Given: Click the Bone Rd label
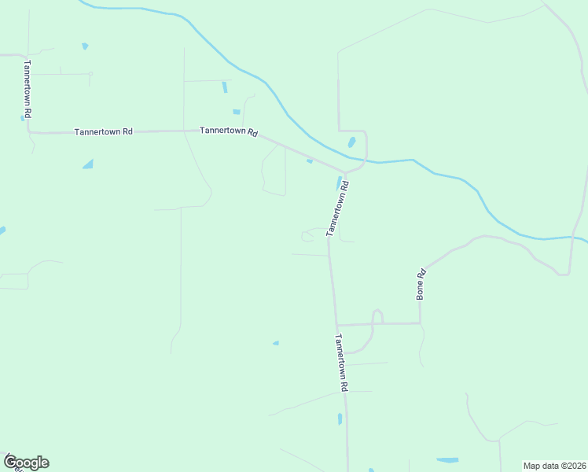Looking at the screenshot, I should point(421,284).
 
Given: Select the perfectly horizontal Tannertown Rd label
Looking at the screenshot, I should point(103,131).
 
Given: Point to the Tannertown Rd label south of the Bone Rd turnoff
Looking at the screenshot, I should point(341,363).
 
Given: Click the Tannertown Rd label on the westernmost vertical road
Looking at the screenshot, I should point(27,89).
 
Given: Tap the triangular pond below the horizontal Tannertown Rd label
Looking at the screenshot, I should point(88,164).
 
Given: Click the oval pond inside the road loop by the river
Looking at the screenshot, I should point(351,142).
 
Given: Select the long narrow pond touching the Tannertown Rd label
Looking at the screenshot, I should point(340,183).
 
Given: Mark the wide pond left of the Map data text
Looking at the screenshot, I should point(447,459).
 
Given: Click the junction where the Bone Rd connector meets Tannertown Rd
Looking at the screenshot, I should point(336,325).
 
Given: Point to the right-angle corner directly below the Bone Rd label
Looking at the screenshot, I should point(420,323).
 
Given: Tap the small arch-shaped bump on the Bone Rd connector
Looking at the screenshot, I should point(377,315).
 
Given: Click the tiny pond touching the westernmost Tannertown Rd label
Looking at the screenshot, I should point(22,118).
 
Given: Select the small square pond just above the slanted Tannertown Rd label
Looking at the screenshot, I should point(236,112).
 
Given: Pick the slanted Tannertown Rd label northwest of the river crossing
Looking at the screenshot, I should point(229,131).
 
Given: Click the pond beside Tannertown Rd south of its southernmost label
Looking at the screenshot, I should point(340,419).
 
